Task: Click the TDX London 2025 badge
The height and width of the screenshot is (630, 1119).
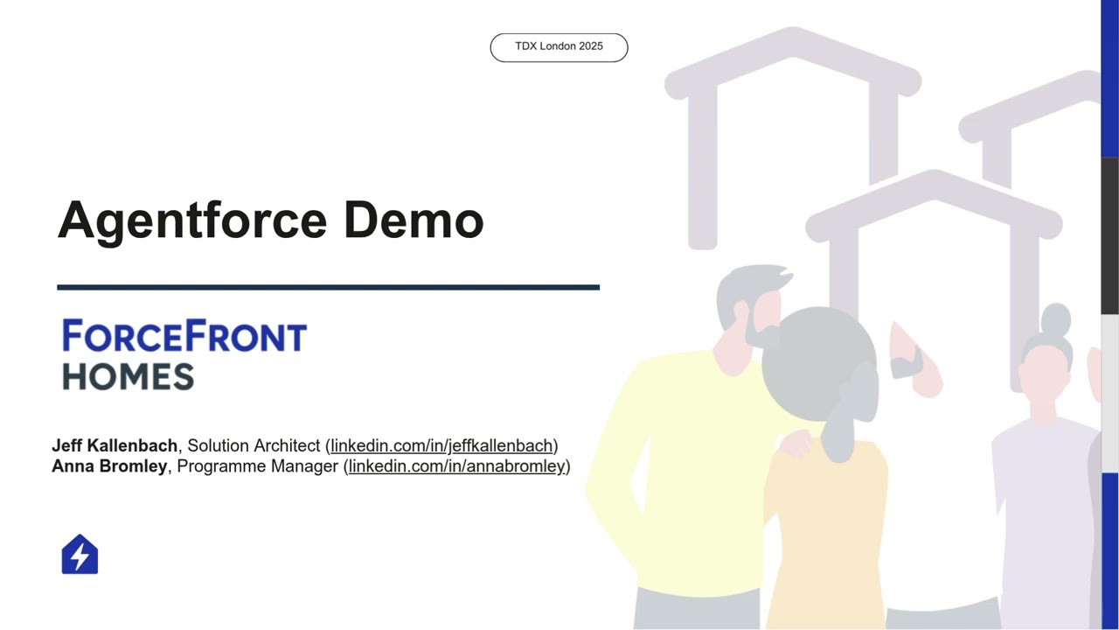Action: click(559, 47)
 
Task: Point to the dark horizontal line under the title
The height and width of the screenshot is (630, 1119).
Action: click(328, 287)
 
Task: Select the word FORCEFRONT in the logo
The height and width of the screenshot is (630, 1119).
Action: click(184, 337)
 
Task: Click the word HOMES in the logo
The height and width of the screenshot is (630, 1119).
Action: click(128, 377)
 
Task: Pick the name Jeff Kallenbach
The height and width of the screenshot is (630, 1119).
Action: click(115, 446)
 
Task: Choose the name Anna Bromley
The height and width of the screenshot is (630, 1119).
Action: click(109, 466)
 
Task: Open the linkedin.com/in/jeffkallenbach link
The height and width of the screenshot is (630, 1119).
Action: click(441, 446)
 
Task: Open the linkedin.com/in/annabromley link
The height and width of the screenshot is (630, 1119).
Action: click(456, 466)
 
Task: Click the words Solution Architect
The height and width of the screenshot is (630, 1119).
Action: click(254, 446)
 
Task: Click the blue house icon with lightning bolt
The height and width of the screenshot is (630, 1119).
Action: click(80, 555)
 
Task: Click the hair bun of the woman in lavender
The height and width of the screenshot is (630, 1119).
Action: click(1056, 319)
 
